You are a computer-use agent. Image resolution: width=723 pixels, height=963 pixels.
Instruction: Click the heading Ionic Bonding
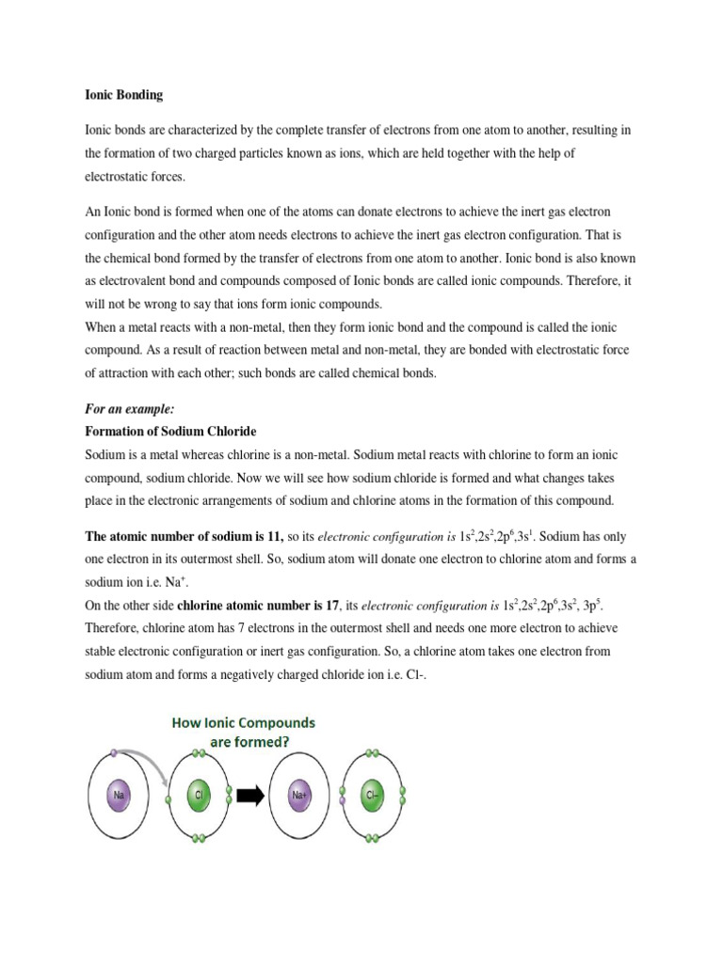pos(123,95)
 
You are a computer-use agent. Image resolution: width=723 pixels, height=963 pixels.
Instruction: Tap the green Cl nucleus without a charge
pos(199,795)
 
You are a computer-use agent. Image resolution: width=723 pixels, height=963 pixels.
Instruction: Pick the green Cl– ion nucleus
pos(374,795)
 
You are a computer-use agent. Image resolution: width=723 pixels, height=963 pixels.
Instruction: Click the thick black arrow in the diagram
pos(249,796)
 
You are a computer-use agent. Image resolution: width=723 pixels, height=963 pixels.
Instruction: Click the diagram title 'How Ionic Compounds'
pos(244,723)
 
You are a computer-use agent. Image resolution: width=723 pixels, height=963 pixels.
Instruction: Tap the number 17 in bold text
pos(331,605)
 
